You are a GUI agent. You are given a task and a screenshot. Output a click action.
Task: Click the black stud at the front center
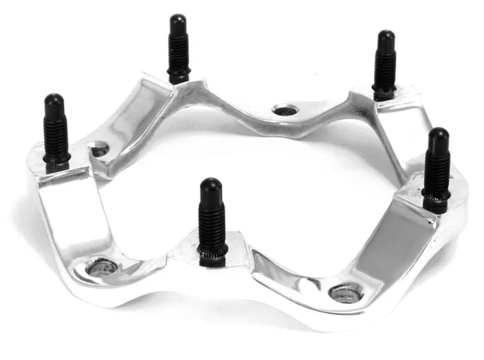pyautogui.click(x=212, y=221)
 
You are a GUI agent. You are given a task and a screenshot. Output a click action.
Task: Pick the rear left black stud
pyautogui.click(x=178, y=48)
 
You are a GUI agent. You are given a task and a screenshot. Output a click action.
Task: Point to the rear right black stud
pyautogui.click(x=385, y=65)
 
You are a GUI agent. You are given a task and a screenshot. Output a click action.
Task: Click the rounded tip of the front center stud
pyautogui.click(x=210, y=186)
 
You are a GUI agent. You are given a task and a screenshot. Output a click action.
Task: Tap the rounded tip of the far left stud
pyautogui.click(x=53, y=100)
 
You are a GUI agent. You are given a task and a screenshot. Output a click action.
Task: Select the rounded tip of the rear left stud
pyautogui.click(x=178, y=20)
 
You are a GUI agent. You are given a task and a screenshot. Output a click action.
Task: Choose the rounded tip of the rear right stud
pyautogui.click(x=386, y=37)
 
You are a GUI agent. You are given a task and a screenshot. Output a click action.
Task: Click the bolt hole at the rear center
pyautogui.click(x=285, y=110)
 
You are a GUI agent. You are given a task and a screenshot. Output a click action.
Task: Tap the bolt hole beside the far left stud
pyautogui.click(x=100, y=149)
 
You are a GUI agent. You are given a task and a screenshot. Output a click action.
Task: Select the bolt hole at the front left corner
pyautogui.click(x=102, y=267)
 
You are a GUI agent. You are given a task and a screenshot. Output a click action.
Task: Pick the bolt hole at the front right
pyautogui.click(x=346, y=292)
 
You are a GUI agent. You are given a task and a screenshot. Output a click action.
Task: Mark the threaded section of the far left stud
pyautogui.click(x=56, y=138)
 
